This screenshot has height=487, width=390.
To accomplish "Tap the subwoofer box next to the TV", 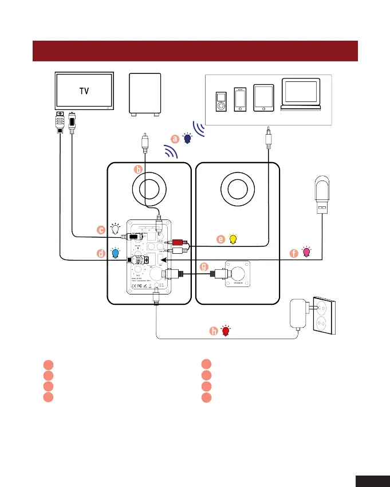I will [145, 93].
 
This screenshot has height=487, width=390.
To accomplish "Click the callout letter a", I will [176, 138].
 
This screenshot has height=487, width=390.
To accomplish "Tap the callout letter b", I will [137, 169].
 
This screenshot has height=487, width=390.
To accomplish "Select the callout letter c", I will [101, 230].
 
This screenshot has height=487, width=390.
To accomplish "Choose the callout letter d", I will [101, 253].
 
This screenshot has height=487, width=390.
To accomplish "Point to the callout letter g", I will [204, 266].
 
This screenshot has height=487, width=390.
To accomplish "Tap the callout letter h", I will [214, 331].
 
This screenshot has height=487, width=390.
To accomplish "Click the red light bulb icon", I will [226, 331].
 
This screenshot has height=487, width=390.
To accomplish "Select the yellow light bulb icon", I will [233, 239].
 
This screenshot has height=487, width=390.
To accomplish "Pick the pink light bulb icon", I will [307, 252].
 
